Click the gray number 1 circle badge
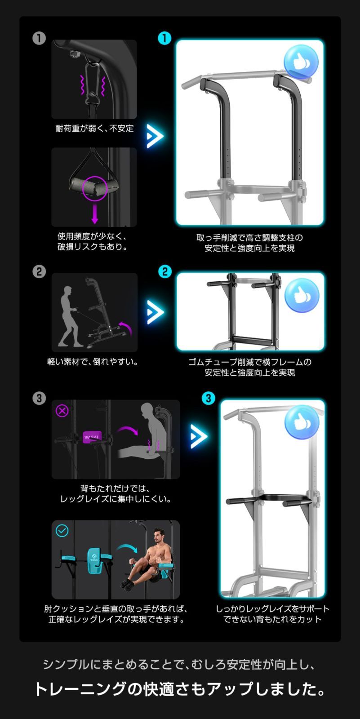pyautogui.click(x=39, y=39)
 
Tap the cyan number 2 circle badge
pyautogui.click(x=165, y=271)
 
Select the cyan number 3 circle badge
pyautogui.click(x=208, y=398)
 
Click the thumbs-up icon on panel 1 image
pyautogui.click(x=301, y=62)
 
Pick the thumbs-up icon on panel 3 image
pyautogui.click(x=302, y=422)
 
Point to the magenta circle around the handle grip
pyautogui.click(x=94, y=188)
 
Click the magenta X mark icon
pyautogui.click(x=62, y=410)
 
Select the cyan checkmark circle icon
pyautogui.click(x=62, y=531)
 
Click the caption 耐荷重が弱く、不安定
pyautogui.click(x=94, y=129)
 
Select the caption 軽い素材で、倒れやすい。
pyautogui.click(x=93, y=362)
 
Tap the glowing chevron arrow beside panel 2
pyautogui.click(x=155, y=311)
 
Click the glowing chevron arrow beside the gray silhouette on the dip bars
pyautogui.click(x=198, y=436)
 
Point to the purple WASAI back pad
pyautogui.click(x=93, y=436)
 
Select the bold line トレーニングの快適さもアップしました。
pyautogui.click(x=180, y=689)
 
